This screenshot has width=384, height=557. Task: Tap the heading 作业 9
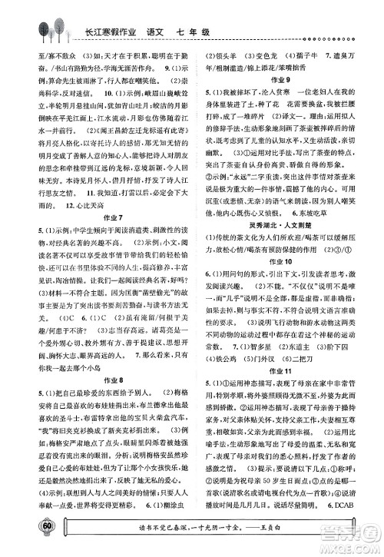coord(284,79)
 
